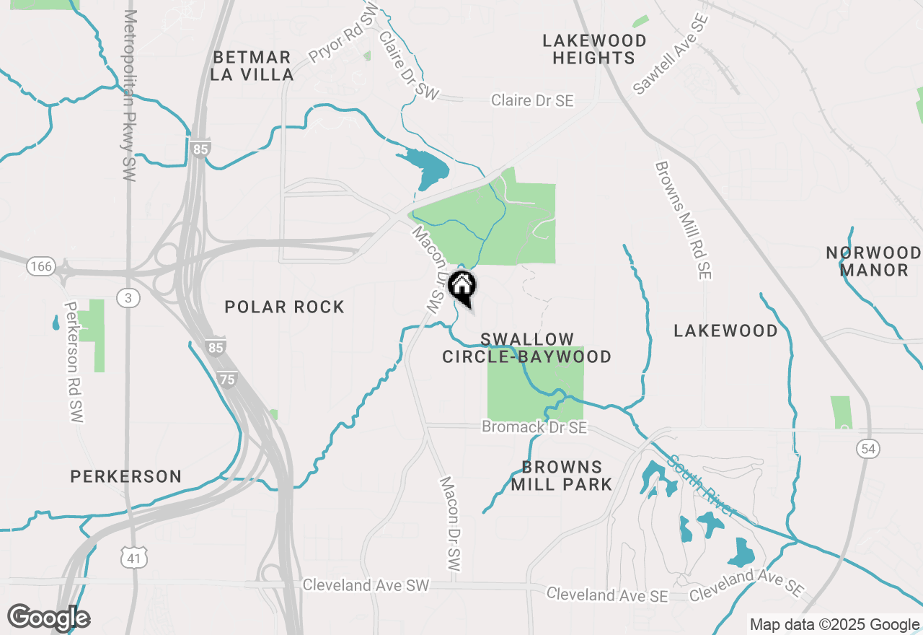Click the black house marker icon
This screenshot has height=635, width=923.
[461, 286]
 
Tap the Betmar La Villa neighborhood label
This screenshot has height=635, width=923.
[252, 66]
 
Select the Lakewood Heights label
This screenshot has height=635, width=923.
[594, 49]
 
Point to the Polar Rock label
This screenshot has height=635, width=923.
[285, 307]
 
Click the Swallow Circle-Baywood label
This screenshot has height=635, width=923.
[526, 348]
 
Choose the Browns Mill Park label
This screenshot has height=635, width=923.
[562, 476]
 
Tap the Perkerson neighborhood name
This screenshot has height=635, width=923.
[126, 476]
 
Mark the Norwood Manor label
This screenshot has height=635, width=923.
[873, 261]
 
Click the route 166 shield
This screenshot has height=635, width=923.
[41, 267]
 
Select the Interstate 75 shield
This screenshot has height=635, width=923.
[228, 378]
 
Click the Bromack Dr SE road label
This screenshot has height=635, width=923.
[534, 428]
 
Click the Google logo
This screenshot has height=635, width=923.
[48, 618]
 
